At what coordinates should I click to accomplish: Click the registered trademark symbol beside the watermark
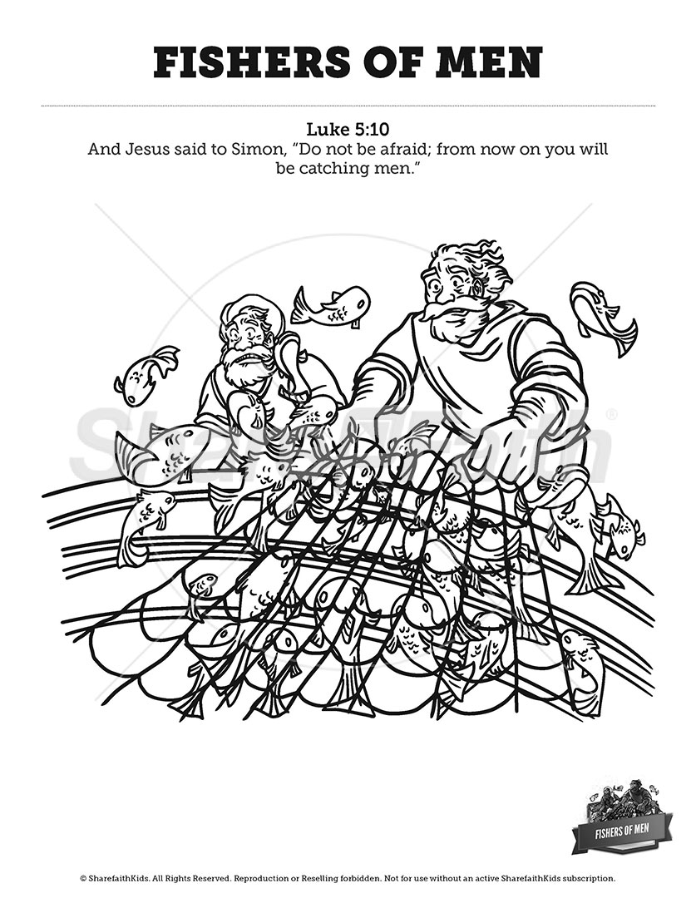612,414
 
